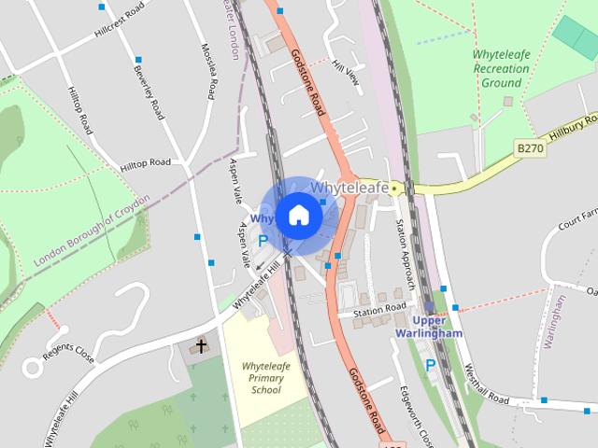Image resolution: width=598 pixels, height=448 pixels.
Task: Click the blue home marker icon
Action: point(299,216)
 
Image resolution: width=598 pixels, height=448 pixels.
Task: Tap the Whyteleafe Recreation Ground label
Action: point(501,69)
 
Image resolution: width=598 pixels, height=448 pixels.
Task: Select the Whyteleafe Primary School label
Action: point(265,377)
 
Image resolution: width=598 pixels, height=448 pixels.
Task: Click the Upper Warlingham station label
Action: point(429,328)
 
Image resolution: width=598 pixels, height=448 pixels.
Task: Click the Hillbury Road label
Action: point(572,128)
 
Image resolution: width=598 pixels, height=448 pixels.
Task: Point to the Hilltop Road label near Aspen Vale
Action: point(146,163)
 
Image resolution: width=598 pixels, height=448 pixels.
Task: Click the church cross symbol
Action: point(200,346)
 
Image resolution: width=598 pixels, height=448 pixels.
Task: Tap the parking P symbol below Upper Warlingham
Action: point(430,365)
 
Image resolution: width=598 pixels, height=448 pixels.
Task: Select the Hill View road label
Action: point(346,73)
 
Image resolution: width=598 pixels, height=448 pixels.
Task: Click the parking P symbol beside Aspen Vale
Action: point(263,241)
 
